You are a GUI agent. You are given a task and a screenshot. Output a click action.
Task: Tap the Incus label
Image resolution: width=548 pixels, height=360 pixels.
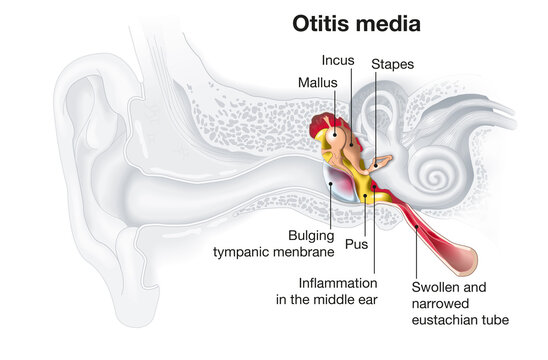click(x=338, y=59)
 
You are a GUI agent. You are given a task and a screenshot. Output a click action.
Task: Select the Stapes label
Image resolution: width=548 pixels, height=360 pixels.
click(x=392, y=64)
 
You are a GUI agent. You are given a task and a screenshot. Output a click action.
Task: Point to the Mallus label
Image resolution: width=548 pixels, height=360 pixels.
click(x=317, y=82)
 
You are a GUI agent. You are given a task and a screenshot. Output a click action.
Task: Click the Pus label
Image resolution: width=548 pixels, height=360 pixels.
click(x=356, y=243)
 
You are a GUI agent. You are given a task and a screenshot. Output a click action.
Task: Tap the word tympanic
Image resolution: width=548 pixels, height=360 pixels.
click(x=247, y=252)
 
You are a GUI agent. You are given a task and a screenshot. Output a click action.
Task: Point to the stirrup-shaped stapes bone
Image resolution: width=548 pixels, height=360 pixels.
click(x=380, y=163)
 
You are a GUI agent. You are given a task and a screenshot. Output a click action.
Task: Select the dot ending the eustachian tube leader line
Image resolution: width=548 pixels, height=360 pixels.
click(x=417, y=226)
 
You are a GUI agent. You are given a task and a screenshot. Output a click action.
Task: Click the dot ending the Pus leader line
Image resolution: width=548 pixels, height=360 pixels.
click(x=364, y=197)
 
